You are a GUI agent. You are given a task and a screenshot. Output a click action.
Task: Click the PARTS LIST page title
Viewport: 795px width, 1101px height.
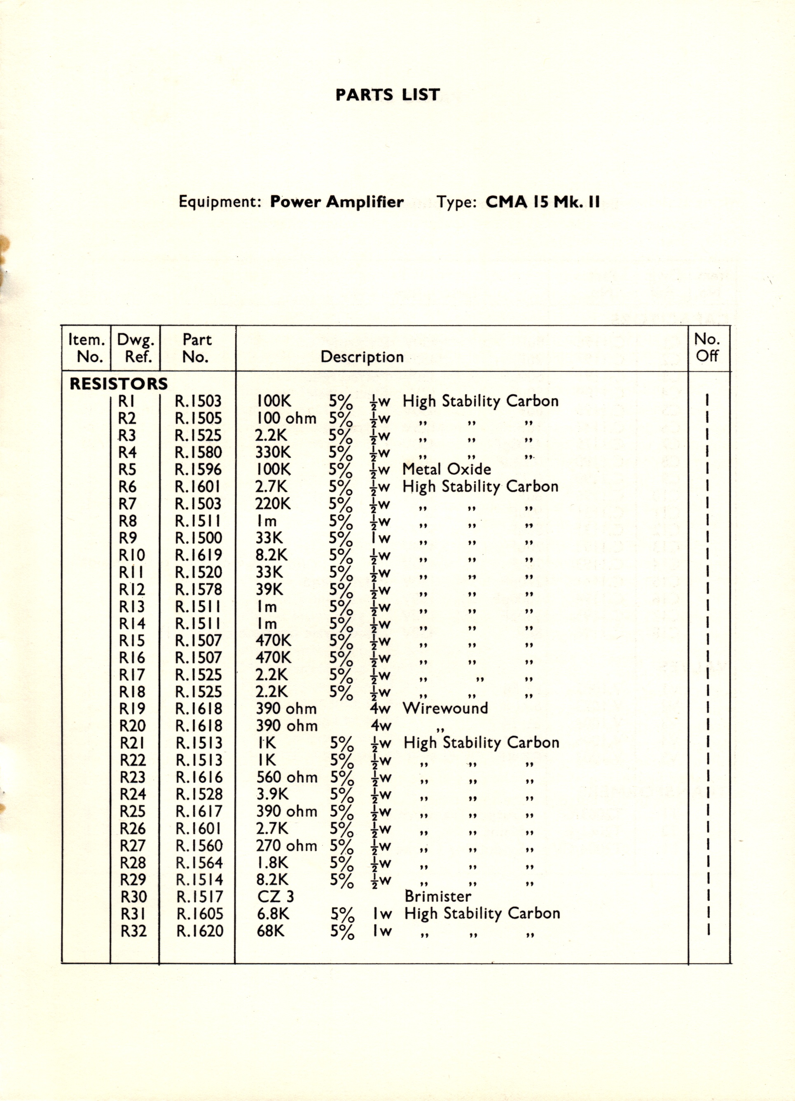tap(388, 95)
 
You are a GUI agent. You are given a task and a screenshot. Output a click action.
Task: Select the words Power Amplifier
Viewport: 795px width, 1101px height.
tap(337, 202)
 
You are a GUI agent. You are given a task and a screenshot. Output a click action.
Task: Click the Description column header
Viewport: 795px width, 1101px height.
tap(362, 357)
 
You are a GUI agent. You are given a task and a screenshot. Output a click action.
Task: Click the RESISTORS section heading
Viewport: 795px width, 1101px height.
tap(119, 384)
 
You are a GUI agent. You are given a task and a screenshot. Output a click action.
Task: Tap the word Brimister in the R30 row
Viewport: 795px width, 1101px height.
tap(437, 896)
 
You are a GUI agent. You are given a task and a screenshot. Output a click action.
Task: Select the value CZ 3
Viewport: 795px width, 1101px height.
tap(276, 896)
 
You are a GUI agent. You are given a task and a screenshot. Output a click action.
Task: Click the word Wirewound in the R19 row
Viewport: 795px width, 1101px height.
tap(445, 708)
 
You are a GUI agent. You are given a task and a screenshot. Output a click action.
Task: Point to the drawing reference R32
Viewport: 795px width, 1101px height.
tap(133, 931)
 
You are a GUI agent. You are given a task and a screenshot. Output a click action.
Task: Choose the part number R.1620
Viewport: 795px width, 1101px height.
tap(200, 931)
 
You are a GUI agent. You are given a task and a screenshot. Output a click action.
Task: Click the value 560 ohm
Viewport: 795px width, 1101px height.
tap(287, 777)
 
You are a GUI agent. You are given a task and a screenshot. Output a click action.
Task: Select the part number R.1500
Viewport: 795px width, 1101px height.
tap(199, 538)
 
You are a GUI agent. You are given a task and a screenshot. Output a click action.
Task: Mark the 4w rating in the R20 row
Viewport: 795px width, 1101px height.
tap(380, 726)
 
